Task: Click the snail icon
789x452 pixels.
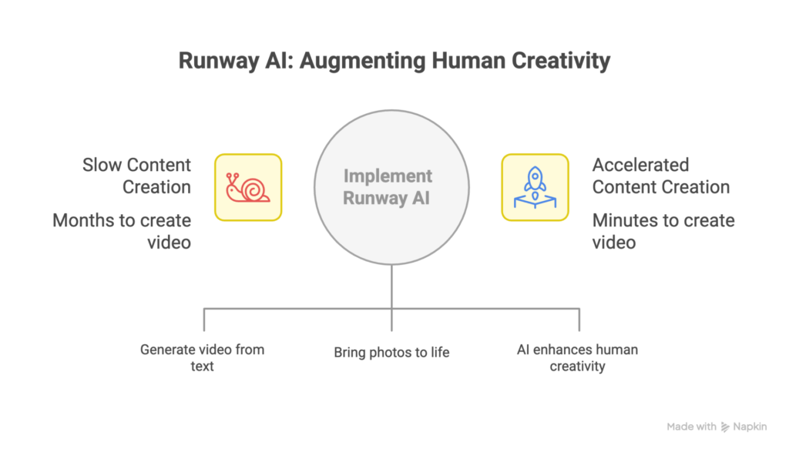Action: [x=247, y=187]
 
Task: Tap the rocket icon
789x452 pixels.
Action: [x=535, y=187]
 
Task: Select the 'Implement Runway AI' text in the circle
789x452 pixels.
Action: [x=388, y=187]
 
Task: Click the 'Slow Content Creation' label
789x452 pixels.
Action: [x=137, y=176]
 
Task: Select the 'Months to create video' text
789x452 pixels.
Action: [x=122, y=231]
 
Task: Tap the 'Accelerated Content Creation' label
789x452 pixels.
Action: [x=660, y=176]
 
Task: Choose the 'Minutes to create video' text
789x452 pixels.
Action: [x=663, y=231]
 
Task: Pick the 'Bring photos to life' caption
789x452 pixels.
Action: [x=391, y=353]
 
